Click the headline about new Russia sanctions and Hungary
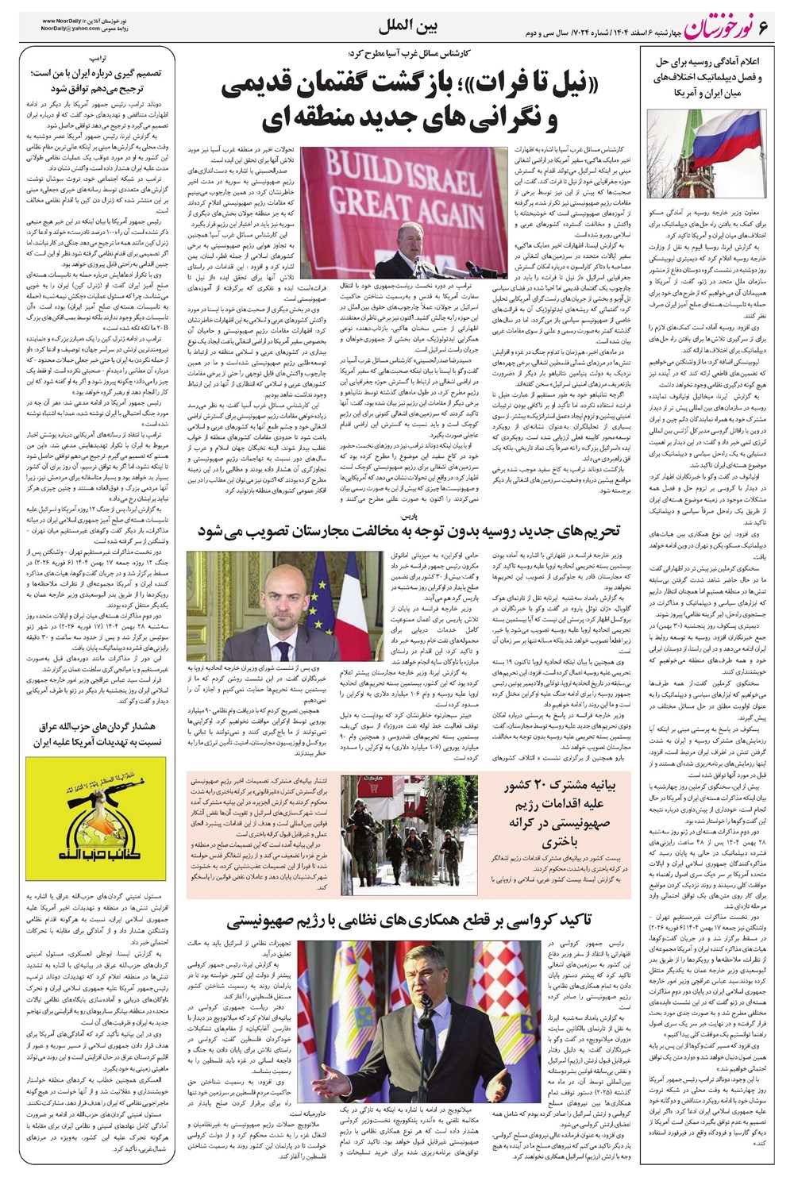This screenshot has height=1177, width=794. [x=408, y=532]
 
